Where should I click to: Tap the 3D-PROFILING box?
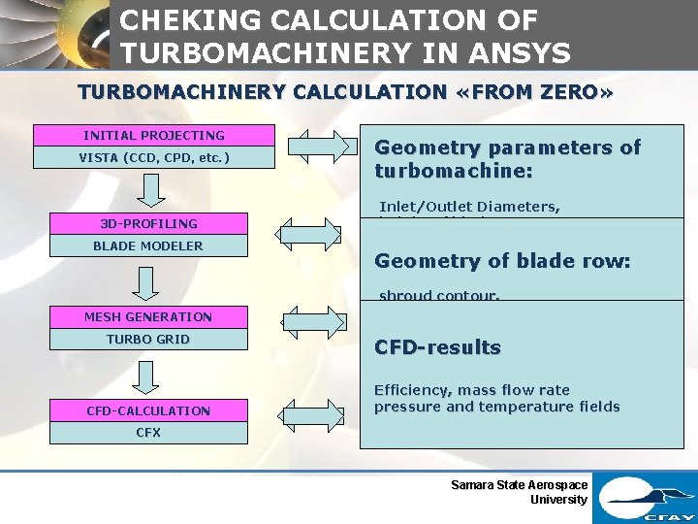pyautogui.click(x=148, y=223)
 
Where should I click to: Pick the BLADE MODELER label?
pyautogui.click(x=148, y=246)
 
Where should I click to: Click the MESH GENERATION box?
pyautogui.click(x=148, y=316)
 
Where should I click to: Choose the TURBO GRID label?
pyautogui.click(x=148, y=339)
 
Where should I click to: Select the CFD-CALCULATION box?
pyautogui.click(x=148, y=410)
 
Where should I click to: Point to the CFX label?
pyautogui.click(x=148, y=433)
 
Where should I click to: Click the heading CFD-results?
pyautogui.click(x=437, y=347)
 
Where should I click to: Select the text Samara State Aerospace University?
pyautogui.click(x=520, y=492)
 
